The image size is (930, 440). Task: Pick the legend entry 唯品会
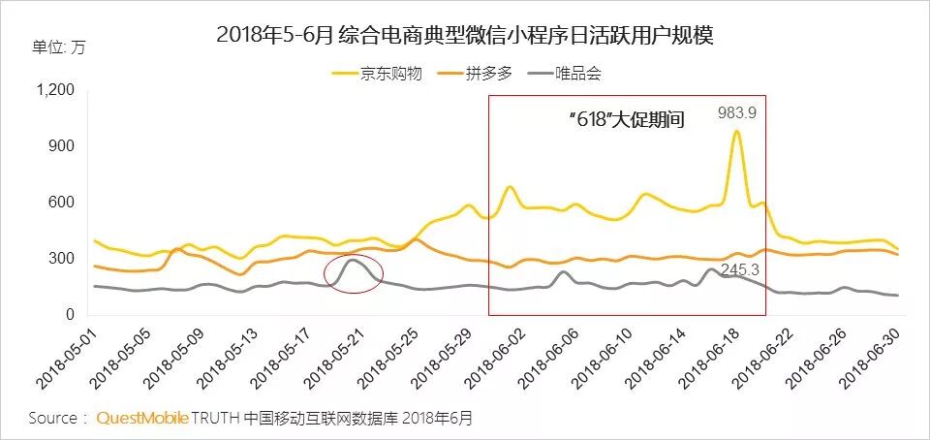[x=578, y=73]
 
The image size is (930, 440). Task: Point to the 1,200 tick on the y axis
[x=54, y=90]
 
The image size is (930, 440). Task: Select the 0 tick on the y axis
[x=70, y=315]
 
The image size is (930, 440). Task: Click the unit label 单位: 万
[x=59, y=48]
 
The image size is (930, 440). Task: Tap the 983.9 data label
[x=736, y=113]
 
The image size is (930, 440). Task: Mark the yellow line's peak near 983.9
[x=736, y=132]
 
